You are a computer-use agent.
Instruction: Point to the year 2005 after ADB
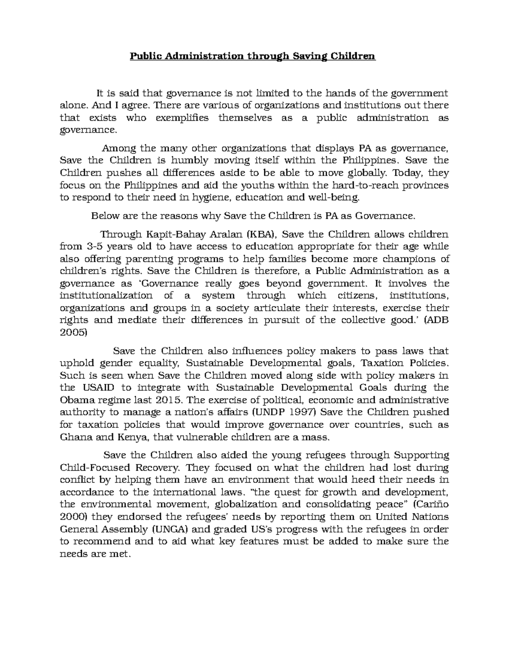73,333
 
